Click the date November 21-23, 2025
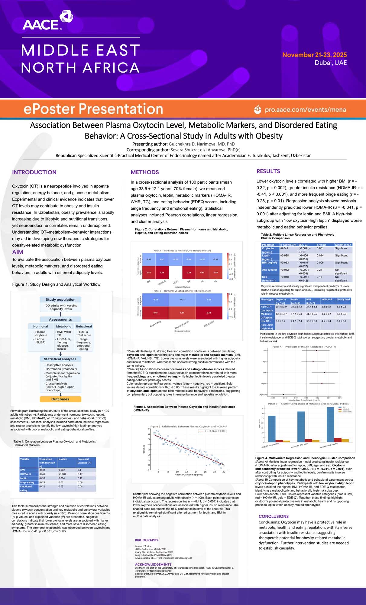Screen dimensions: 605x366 click(x=314, y=55)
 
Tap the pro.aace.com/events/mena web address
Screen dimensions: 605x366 click(x=305, y=110)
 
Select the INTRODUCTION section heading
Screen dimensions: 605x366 click(x=34, y=172)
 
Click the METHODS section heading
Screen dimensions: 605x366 click(x=144, y=172)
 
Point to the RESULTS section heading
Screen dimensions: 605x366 click(x=268, y=171)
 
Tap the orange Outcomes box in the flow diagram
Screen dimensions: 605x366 click(x=60, y=399)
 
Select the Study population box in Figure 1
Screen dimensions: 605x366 click(x=60, y=299)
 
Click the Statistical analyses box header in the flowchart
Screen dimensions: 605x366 click(x=60, y=359)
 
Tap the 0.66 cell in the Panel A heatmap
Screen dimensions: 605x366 click(x=162, y=273)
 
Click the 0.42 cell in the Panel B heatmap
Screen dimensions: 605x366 click(x=209, y=313)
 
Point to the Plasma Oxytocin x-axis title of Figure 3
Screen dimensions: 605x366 click(x=189, y=475)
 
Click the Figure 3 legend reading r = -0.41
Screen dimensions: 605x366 click(x=212, y=431)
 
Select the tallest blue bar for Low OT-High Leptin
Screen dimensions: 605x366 click(x=330, y=424)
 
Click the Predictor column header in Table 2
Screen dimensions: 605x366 click(x=268, y=245)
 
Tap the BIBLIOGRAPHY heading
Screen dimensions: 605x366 click(x=147, y=540)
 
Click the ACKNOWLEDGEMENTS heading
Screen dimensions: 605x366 click(x=153, y=564)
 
